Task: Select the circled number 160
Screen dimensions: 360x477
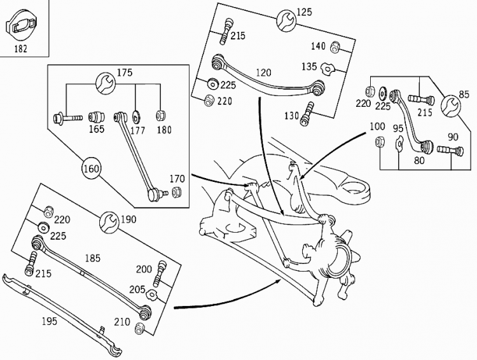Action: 91,169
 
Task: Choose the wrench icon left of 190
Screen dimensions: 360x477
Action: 109,223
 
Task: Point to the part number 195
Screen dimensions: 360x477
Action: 49,321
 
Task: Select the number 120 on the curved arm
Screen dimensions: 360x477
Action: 264,73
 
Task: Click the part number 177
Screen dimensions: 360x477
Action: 137,130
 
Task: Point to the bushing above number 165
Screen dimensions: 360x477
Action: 97,117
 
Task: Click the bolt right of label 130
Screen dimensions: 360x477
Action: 308,113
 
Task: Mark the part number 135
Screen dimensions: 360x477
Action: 309,66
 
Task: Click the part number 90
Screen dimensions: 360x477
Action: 453,137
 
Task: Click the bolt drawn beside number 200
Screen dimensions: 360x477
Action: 160,272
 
